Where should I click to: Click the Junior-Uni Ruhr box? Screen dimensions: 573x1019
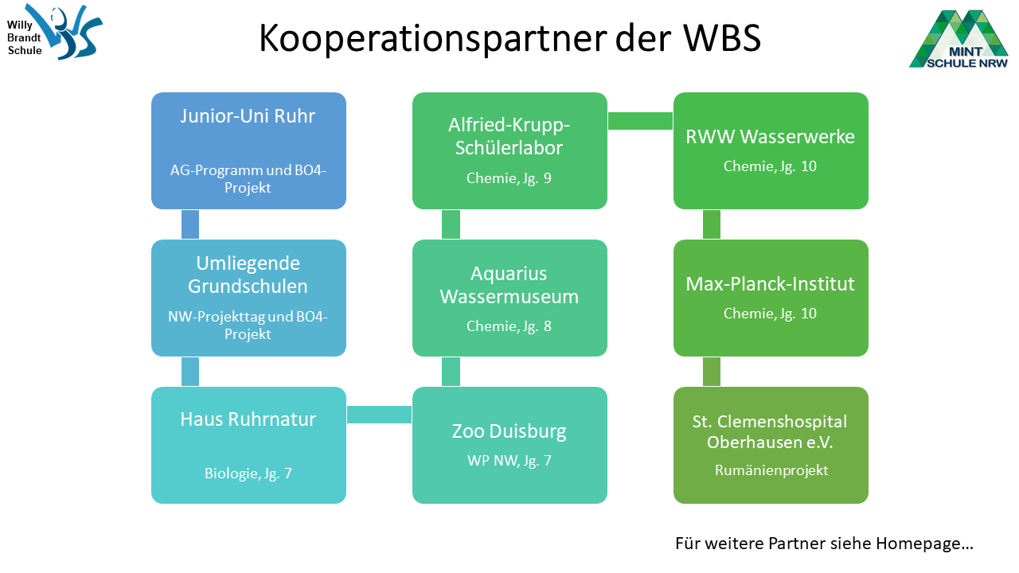tap(248, 150)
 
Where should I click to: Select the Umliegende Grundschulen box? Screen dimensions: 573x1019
tap(248, 298)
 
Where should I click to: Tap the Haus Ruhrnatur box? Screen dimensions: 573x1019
tap(248, 445)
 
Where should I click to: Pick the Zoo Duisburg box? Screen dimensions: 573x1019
tap(509, 445)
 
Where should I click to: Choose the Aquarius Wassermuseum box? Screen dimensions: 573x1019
tap(509, 298)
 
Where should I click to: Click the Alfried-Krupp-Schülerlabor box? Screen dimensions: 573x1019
tap(509, 150)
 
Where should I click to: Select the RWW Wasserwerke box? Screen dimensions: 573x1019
tap(771, 150)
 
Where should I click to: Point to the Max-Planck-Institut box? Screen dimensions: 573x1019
tap(771, 298)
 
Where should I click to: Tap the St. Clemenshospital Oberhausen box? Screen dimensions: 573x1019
tap(771, 445)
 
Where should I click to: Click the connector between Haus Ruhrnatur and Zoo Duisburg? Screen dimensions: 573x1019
tap(379, 415)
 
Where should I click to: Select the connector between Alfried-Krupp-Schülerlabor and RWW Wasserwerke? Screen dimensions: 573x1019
tap(640, 121)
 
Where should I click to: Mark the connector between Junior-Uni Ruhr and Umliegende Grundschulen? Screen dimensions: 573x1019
tap(190, 224)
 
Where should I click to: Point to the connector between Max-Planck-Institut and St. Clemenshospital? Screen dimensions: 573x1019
tap(712, 372)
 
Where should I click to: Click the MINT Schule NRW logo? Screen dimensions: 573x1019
tap(958, 38)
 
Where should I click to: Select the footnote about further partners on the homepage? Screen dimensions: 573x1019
tap(824, 544)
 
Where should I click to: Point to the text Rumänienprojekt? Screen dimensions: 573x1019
tap(771, 470)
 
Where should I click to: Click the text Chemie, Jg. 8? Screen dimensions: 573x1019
tap(509, 325)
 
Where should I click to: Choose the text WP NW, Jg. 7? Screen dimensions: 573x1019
tap(509, 460)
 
